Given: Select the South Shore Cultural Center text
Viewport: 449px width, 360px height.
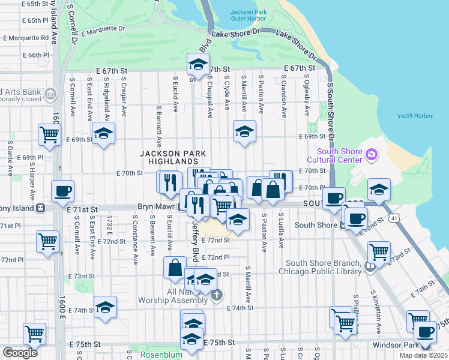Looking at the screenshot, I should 334,155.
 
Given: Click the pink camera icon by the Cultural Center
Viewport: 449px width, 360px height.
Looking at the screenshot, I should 372,155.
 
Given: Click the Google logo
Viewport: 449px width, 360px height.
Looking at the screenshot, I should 20,353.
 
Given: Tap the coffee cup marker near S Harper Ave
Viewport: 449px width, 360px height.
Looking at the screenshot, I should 62,192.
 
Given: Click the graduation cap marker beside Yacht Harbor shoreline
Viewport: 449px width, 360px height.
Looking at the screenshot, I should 379,190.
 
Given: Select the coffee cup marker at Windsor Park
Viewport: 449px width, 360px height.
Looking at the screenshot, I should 426,332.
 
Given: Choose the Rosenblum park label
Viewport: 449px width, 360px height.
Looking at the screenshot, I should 161,355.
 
